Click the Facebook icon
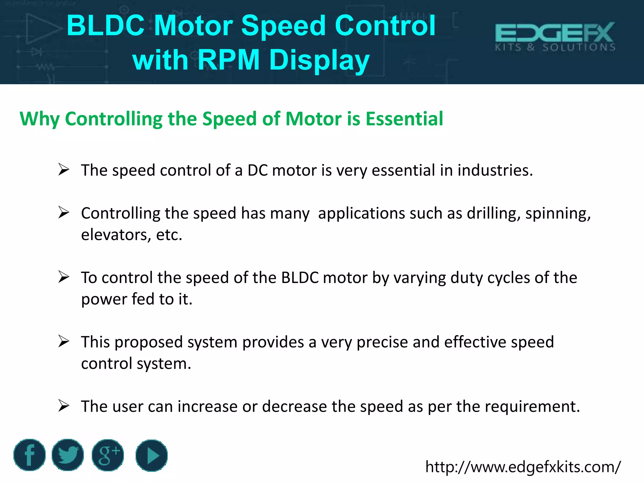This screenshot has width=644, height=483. click(30, 455)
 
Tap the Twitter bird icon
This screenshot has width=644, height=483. click(68, 455)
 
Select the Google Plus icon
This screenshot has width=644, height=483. click(108, 455)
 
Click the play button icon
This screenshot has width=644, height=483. click(152, 455)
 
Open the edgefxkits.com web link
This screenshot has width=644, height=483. click(523, 467)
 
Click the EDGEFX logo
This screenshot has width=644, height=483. click(555, 36)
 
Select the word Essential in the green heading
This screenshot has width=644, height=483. click(404, 119)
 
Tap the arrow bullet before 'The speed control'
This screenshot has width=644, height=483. click(64, 170)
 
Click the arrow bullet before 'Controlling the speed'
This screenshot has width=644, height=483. click(64, 213)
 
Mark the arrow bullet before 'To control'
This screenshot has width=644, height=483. click(64, 277)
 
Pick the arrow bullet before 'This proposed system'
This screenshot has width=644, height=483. click(64, 342)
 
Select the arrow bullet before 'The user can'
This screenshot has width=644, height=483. click(64, 406)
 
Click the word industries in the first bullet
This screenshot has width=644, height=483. click(495, 170)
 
